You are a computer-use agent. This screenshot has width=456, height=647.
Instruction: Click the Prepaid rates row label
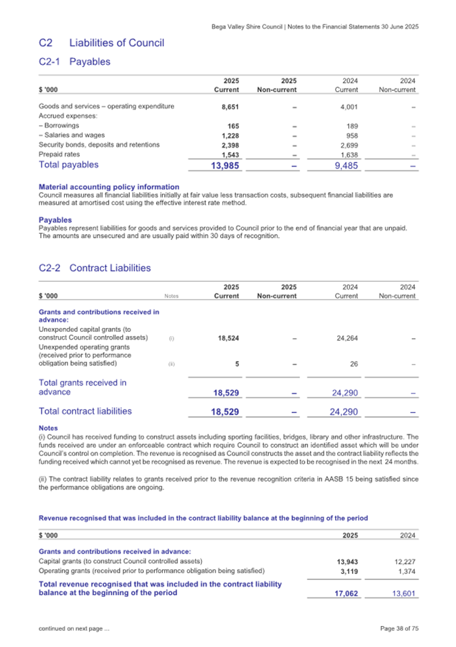coord(59,154)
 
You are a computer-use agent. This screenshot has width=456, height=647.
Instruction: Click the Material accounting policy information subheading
coord(109,187)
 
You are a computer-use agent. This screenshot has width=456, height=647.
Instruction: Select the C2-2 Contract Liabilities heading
coord(95,268)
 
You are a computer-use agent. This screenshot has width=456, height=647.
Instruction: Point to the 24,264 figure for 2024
coord(346,338)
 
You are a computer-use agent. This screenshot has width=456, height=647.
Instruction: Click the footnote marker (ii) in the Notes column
coord(172,365)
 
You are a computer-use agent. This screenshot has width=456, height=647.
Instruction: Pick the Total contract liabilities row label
coord(85,410)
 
